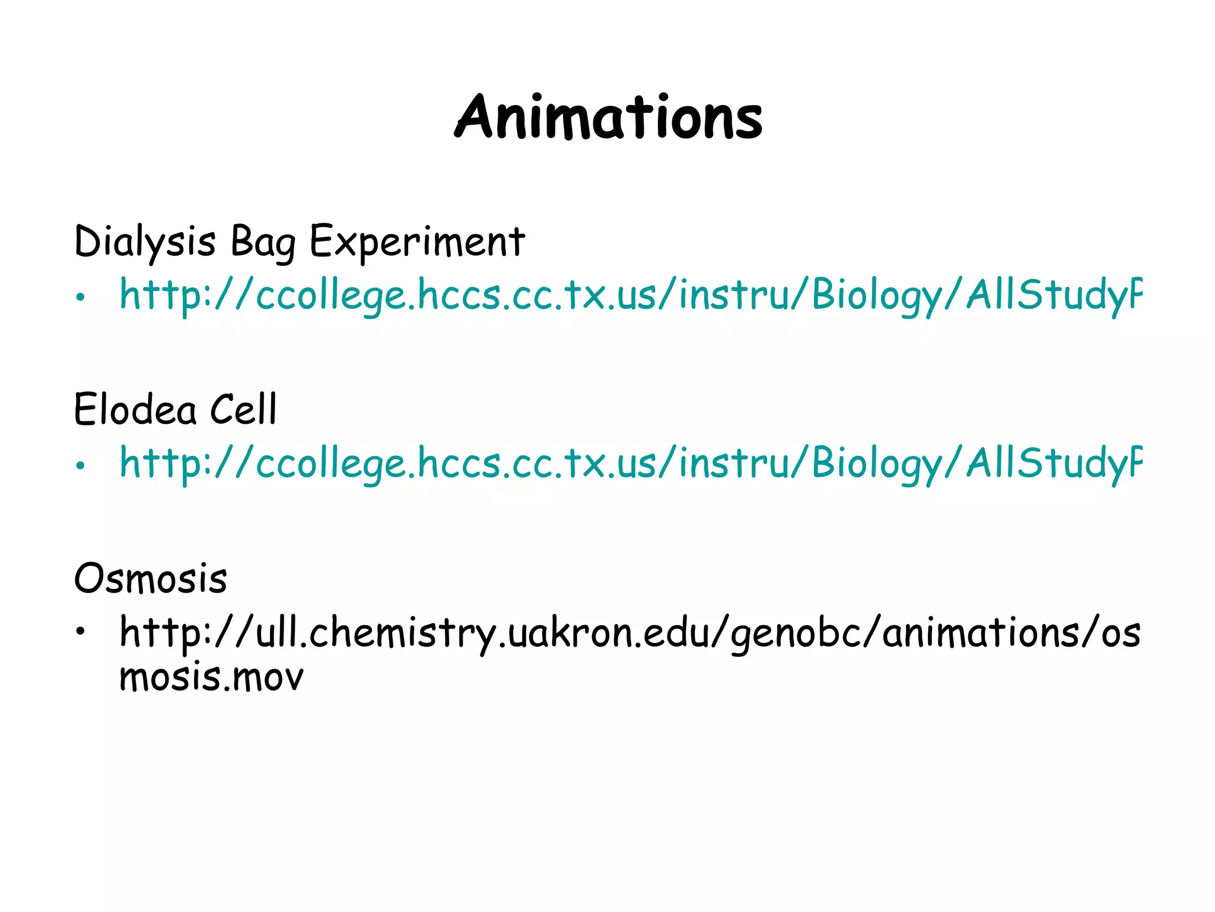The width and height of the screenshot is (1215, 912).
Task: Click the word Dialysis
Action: [145, 242]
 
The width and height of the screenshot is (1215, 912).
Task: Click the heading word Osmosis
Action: [151, 578]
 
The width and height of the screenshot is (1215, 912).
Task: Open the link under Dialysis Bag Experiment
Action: [629, 295]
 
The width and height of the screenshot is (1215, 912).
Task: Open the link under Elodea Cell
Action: [629, 463]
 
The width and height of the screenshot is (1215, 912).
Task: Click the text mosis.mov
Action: [211, 677]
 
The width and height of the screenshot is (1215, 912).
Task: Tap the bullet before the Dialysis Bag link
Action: [81, 297]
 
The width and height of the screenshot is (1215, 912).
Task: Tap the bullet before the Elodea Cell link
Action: [81, 465]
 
